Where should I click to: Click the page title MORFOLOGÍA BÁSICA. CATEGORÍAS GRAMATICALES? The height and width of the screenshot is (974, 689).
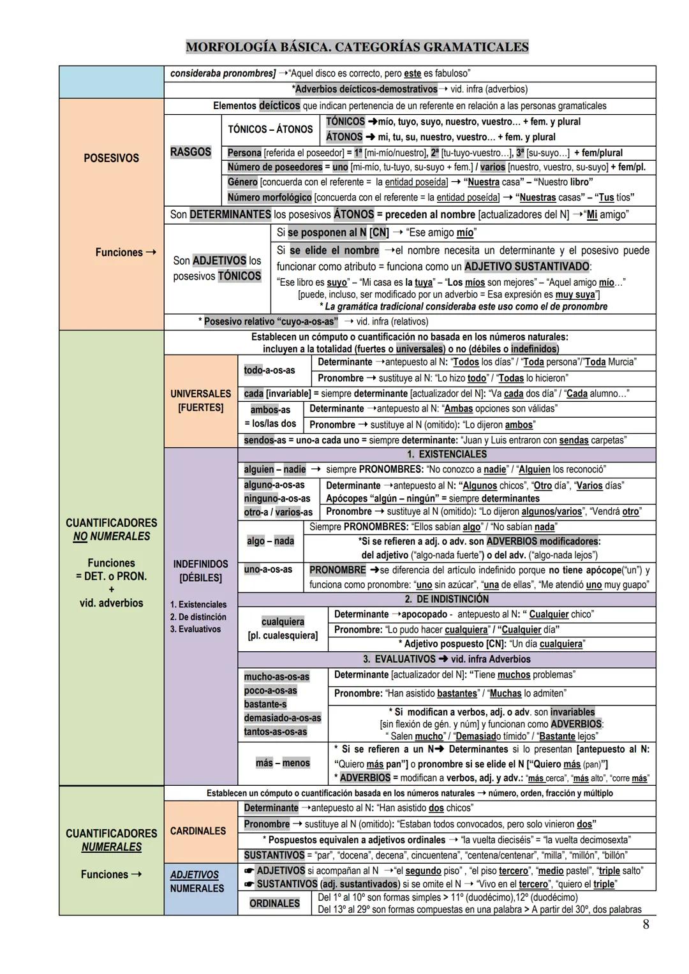[357, 47]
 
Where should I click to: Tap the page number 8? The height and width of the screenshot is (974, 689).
[646, 924]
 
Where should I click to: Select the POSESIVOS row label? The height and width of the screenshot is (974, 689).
[111, 158]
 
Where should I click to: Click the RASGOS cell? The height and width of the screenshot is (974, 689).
[191, 152]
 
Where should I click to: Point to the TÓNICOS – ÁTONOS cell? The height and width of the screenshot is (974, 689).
[270, 129]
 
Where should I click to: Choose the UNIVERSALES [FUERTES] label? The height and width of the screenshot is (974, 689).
[200, 401]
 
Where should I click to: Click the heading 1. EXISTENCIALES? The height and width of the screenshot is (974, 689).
[447, 454]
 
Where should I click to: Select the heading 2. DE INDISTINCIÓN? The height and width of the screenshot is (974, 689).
[447, 599]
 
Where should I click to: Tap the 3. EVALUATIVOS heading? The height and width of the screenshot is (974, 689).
[447, 659]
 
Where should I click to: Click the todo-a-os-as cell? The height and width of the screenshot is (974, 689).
[269, 370]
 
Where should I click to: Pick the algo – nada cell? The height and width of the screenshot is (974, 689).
[270, 541]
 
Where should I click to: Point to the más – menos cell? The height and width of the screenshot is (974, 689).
[283, 763]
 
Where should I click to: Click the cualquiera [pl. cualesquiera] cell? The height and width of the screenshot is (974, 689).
[283, 628]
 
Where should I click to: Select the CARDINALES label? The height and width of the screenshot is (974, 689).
[198, 831]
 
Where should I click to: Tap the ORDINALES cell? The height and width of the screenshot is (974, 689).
[274, 903]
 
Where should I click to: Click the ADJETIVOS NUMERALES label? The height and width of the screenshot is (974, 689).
[197, 882]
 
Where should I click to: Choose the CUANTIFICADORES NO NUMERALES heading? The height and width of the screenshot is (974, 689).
[111, 529]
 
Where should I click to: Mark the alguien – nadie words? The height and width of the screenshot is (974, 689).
[275, 469]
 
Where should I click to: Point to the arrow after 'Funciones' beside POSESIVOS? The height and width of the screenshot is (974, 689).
[151, 253]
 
